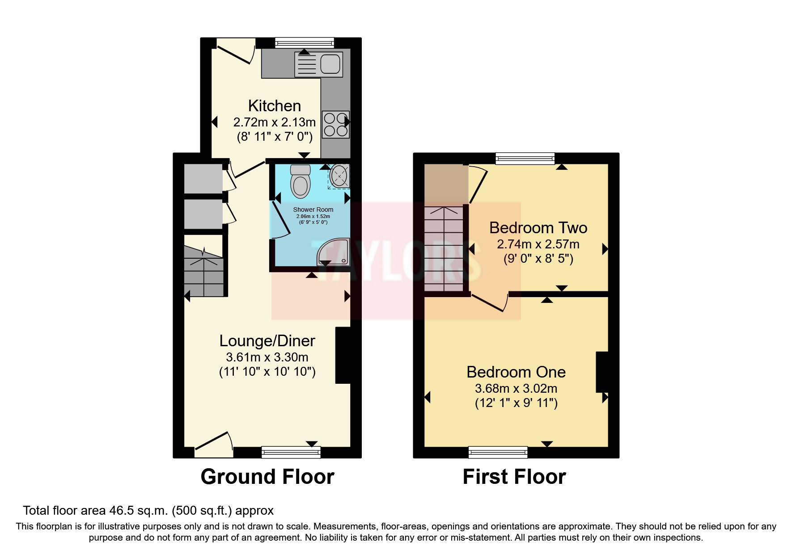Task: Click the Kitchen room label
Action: click(x=274, y=106)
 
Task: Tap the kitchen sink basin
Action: click(x=330, y=64)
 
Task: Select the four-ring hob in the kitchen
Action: click(x=336, y=125)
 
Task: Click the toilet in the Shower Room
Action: click(x=300, y=181)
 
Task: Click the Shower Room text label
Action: click(x=313, y=210)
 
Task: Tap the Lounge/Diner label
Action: click(x=267, y=341)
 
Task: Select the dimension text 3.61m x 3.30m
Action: click(x=267, y=357)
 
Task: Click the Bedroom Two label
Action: click(x=538, y=228)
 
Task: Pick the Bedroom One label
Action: click(x=516, y=372)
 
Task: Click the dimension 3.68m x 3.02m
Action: click(x=516, y=389)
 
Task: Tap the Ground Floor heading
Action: click(x=267, y=477)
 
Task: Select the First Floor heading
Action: click(x=514, y=477)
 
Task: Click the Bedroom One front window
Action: click(x=498, y=452)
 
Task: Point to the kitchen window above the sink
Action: click(x=304, y=42)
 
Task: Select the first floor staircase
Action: click(x=444, y=248)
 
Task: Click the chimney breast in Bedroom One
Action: click(x=602, y=372)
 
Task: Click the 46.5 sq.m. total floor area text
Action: click(x=148, y=510)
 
